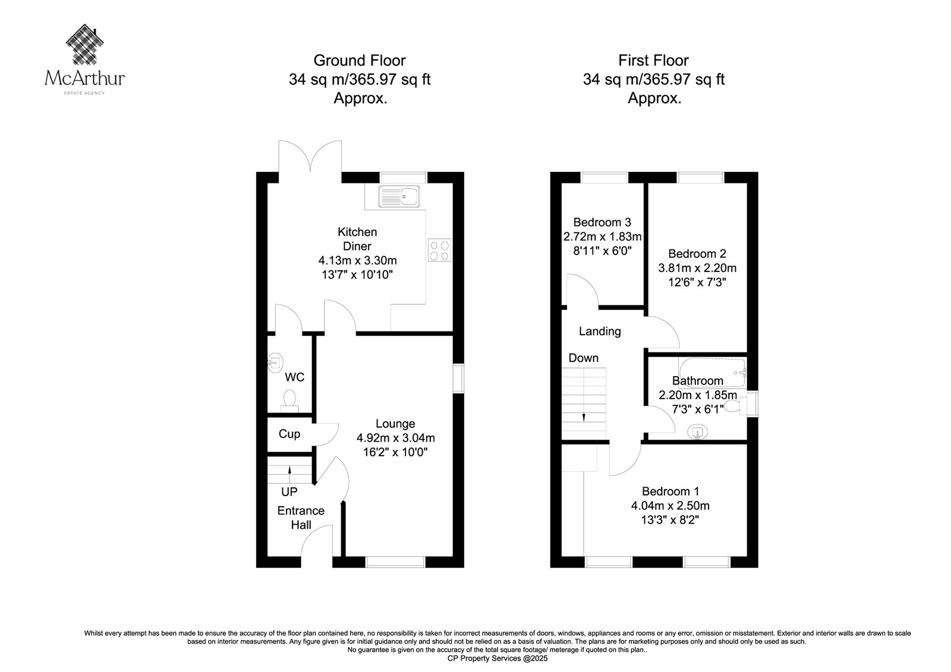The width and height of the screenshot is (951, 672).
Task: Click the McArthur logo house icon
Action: pos(85,45)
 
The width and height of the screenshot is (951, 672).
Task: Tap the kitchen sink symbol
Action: pos(399,196)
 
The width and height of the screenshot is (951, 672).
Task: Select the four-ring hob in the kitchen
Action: pos(439,251)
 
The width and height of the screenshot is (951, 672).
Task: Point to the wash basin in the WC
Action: pos(275,363)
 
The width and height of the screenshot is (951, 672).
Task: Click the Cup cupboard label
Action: pos(289,434)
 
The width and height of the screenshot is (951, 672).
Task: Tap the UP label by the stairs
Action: pos(289,492)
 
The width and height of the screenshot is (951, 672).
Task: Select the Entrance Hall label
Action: pos(301,518)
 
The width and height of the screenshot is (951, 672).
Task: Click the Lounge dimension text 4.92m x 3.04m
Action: pos(395,438)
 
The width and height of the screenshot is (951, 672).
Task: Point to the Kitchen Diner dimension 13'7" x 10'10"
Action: pos(357,275)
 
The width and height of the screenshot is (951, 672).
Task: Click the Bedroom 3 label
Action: pos(602,222)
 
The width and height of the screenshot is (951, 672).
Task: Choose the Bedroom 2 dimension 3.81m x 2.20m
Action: pos(697,268)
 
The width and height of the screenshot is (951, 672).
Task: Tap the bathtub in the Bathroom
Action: pos(713,373)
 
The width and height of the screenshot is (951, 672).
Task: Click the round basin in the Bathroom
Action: pos(698,433)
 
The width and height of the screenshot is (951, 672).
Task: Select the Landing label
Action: pos(600,331)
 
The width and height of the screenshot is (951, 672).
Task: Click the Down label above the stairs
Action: pos(583,358)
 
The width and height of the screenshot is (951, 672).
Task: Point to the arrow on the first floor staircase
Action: pos(584,417)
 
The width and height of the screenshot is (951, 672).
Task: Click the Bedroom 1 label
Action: pos(670,491)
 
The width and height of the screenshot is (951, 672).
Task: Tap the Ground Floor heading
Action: pos(360,61)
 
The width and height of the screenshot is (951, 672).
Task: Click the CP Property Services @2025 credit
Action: pos(497,658)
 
